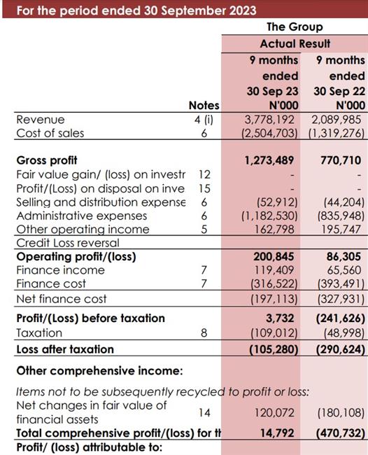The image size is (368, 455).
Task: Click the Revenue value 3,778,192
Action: point(269,120)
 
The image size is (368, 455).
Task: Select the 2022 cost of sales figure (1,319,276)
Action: point(337,133)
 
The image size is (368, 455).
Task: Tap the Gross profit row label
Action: point(47,160)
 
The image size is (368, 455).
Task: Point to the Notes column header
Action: point(204,105)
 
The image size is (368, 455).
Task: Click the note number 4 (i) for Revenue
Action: point(204,120)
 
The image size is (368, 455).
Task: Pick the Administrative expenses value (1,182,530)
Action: point(269,216)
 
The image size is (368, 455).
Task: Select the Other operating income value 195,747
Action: point(341,230)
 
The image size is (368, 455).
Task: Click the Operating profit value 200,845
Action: point(274,256)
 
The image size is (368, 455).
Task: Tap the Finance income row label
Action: point(60,270)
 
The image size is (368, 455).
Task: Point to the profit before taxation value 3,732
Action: point(280,318)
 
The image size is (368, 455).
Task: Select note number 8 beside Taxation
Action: point(204,332)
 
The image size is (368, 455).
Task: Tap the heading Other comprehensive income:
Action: point(100,371)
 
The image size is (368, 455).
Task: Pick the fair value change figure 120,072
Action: point(274,412)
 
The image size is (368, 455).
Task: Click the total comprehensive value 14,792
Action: point(277,433)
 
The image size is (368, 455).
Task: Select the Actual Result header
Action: point(295,44)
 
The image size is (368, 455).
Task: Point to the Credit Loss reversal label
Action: point(68,243)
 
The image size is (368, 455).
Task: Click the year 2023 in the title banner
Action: point(243,10)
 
